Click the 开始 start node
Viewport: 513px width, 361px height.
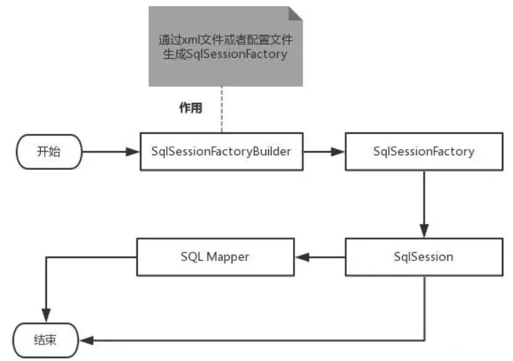point(48,151)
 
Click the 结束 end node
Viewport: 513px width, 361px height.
point(46,340)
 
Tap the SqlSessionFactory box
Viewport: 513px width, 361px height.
point(423,151)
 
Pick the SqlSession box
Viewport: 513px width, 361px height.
point(423,257)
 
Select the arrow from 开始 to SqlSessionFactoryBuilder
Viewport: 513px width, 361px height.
point(110,151)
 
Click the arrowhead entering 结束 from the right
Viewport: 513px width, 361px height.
point(85,340)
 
